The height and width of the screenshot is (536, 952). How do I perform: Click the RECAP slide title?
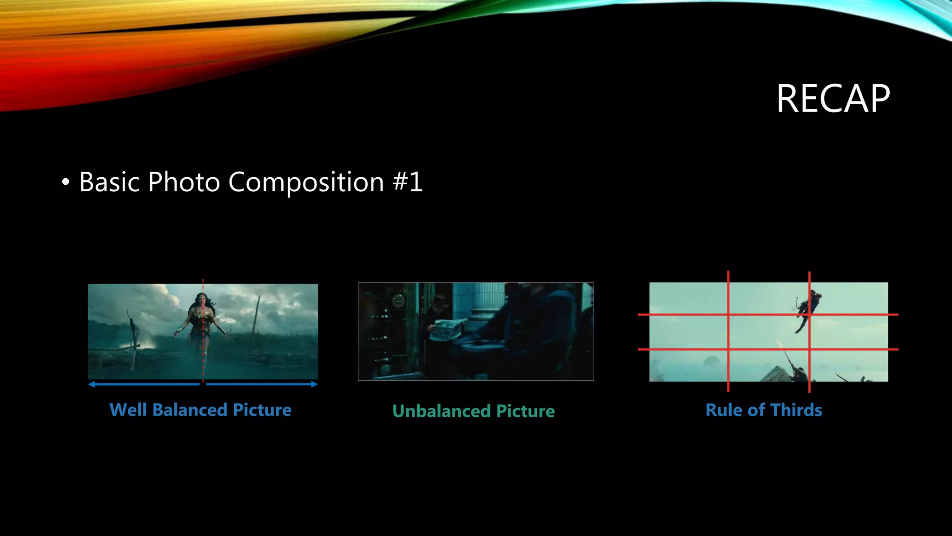point(833,99)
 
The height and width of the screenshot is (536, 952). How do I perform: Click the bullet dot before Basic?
point(66,182)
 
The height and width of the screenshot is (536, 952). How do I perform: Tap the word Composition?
point(306,182)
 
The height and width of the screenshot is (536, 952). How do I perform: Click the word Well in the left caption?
point(127,410)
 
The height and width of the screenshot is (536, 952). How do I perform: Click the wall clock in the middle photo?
point(398,301)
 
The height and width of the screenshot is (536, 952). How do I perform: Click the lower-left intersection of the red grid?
point(728,349)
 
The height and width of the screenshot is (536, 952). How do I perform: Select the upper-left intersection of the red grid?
point(728,315)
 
